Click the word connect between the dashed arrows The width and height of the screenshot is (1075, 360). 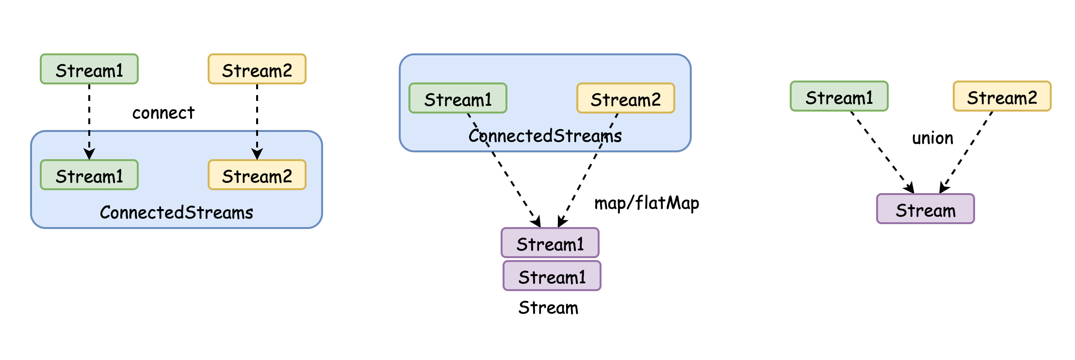163,113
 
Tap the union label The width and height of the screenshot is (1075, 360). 932,138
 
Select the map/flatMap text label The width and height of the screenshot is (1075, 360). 647,203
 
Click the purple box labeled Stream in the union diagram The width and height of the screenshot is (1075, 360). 926,209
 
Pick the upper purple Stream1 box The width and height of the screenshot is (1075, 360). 550,243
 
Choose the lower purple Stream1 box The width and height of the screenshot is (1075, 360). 552,276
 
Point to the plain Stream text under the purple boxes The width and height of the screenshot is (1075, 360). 548,308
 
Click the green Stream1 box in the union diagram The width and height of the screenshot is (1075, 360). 839,96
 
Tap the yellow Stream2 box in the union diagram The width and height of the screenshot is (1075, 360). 1002,96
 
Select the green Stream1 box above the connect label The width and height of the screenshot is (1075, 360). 89,69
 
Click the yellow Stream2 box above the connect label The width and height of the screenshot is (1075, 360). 257,69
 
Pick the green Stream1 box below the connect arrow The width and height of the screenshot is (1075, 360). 89,175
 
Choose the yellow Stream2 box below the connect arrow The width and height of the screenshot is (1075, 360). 257,175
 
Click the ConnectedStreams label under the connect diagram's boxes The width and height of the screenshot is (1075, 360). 177,213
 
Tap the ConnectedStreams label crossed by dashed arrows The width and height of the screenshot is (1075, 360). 545,136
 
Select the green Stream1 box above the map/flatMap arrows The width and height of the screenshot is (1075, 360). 458,98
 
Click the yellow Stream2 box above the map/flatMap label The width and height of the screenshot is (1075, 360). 626,98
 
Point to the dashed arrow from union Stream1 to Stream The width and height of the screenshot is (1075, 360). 882,152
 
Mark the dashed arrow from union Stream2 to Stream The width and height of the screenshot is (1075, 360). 966,152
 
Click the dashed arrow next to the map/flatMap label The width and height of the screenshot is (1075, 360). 588,170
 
